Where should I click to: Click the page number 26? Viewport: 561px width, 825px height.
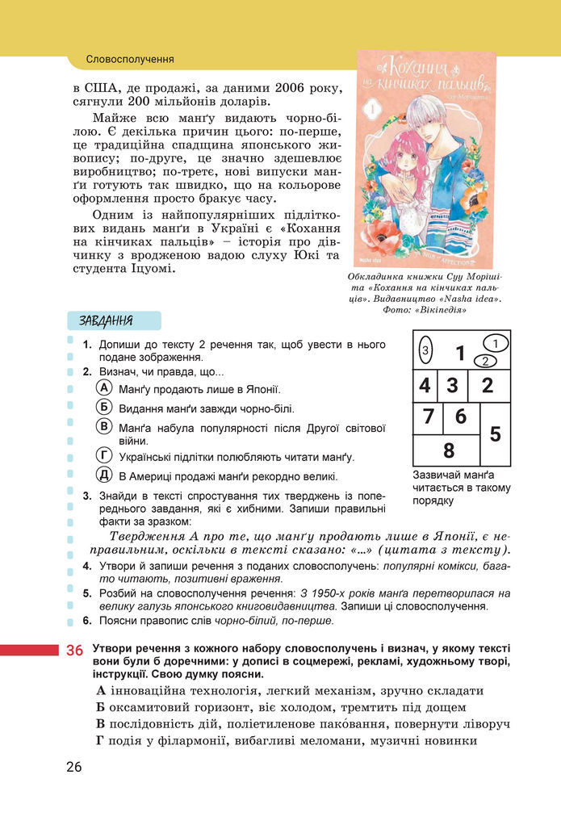[74, 767]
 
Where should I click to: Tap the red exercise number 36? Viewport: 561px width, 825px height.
[74, 651]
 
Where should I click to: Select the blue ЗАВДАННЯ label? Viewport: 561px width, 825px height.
[106, 320]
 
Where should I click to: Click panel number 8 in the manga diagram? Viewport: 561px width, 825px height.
[449, 450]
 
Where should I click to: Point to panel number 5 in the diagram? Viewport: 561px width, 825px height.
[495, 433]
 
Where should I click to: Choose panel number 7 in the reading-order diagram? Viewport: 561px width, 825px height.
[428, 417]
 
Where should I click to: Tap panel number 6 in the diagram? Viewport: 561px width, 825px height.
[460, 417]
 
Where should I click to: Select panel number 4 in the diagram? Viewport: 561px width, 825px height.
[425, 385]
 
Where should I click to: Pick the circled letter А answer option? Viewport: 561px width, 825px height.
[103, 388]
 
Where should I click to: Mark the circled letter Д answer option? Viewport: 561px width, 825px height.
[103, 475]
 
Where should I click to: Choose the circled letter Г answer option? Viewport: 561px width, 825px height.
[103, 455]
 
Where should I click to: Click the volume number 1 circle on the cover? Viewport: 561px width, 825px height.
[373, 107]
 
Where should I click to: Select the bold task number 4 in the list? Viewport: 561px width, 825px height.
[88, 567]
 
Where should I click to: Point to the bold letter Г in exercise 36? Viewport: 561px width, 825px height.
[100, 740]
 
